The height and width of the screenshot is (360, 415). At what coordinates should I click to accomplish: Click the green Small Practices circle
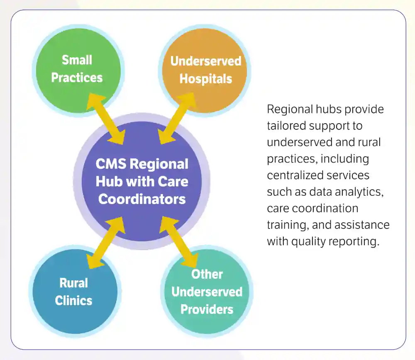78,71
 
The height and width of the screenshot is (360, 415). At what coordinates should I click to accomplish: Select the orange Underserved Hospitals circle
204,71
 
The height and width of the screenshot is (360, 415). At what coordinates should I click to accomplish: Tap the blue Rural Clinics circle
75,291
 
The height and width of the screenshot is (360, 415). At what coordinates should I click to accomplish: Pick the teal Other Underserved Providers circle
207,292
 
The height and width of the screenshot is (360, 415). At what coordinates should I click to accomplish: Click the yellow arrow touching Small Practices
106,119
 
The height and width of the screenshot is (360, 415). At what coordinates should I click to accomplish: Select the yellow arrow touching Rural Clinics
106,243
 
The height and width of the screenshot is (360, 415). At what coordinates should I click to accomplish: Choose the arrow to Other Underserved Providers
178,242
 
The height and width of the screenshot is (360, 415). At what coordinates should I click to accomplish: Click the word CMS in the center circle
111,164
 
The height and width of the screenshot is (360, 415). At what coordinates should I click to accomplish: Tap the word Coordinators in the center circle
142,199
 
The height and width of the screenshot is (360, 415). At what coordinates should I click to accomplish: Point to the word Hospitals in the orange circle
206,79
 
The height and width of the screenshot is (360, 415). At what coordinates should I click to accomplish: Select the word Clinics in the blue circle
73,301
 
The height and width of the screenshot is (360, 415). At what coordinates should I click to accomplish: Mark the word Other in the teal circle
207,274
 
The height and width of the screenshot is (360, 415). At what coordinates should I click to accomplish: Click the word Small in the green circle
77,60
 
